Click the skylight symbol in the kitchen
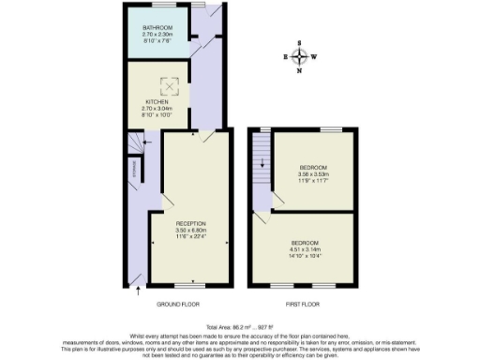click(x=170, y=86)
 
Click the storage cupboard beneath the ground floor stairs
click(x=134, y=170)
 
